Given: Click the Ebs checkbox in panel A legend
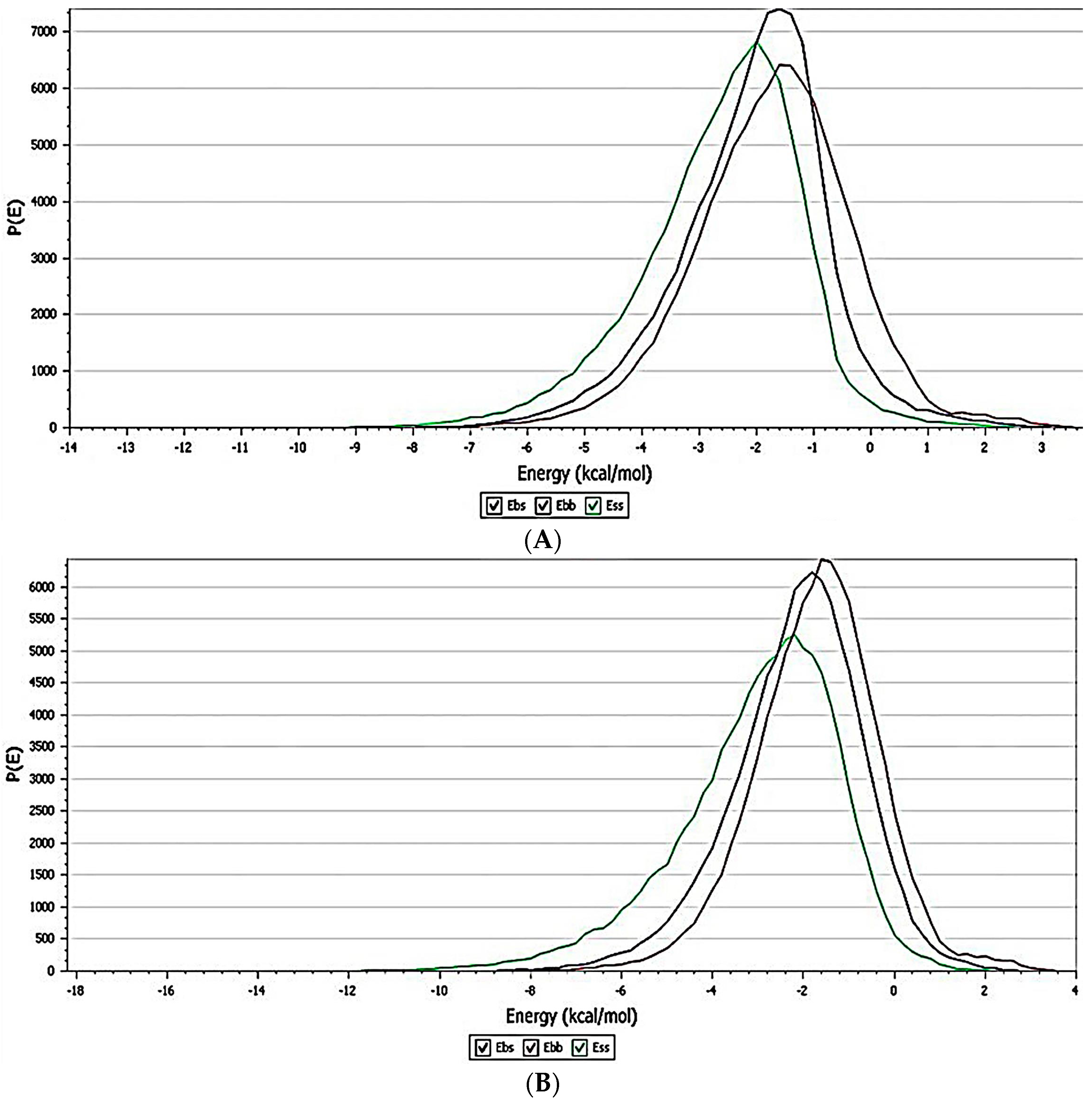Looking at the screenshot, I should coord(494,505).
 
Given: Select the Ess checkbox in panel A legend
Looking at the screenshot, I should coord(594,505).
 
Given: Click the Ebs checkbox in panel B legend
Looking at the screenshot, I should coord(483,1047).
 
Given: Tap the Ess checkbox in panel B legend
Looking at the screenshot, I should coord(580,1047).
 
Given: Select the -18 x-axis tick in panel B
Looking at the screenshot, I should coord(75,990).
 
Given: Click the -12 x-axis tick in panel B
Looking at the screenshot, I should coord(348,990).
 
